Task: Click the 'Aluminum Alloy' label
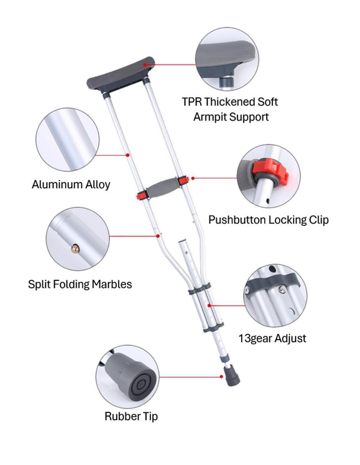tap(71, 184)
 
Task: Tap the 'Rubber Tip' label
tap(131, 416)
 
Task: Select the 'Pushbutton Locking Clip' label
tap(268, 220)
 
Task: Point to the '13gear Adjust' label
tap(272, 338)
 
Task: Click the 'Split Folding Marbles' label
tap(80, 284)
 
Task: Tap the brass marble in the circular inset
tap(75, 249)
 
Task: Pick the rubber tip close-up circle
tap(128, 377)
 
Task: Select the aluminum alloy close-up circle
tap(68, 140)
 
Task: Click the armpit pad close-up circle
tap(227, 59)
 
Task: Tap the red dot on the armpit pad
tap(145, 65)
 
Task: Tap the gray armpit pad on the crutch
tap(121, 74)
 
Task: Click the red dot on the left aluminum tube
tap(128, 155)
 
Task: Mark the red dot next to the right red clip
tap(193, 178)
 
